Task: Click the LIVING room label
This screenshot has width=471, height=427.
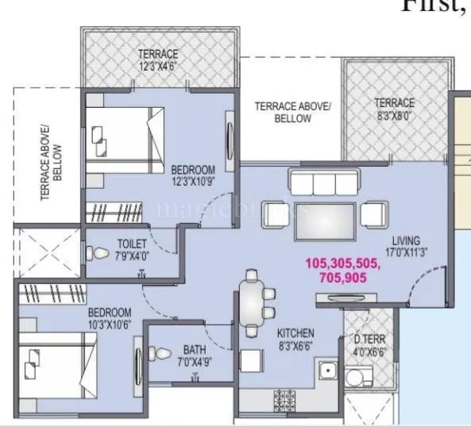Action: click(405, 241)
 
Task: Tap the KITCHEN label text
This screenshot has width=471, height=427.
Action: click(295, 333)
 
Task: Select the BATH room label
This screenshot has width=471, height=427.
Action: click(195, 348)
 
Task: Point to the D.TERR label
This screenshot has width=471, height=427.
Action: click(369, 340)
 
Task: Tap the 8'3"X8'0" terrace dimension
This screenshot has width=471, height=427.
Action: click(394, 114)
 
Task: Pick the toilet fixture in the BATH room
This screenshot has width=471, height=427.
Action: click(159, 355)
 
